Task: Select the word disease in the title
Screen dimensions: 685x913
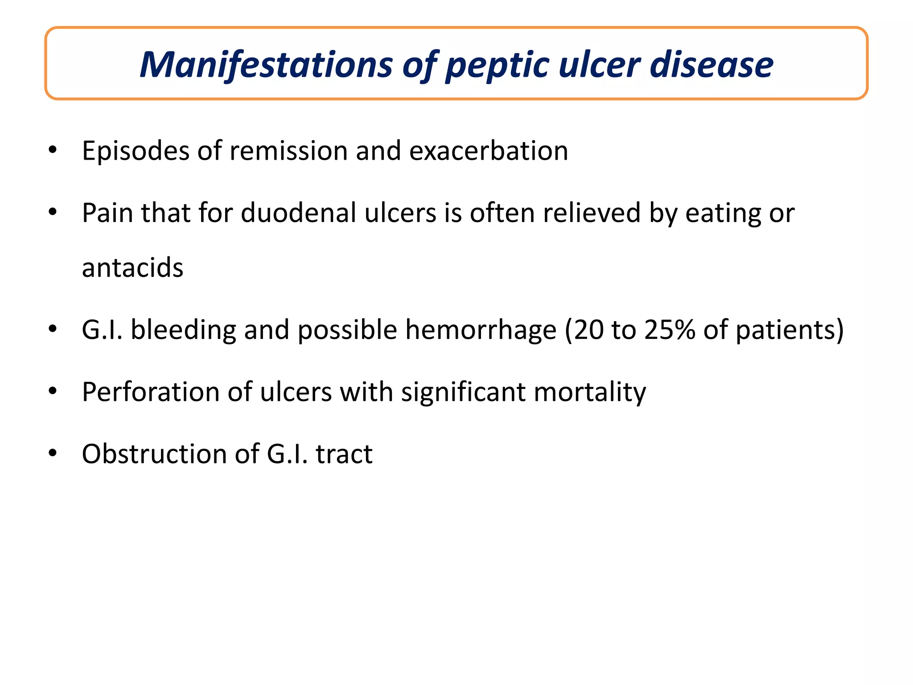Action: click(711, 65)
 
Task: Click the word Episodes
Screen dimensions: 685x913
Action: click(136, 151)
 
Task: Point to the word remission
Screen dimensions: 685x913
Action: click(288, 151)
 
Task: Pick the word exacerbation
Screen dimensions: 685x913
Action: click(489, 151)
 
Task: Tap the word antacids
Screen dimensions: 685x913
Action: click(132, 268)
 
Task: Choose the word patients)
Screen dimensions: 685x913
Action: click(790, 330)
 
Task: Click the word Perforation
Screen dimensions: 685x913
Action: click(151, 392)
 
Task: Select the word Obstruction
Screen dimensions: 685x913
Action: click(155, 454)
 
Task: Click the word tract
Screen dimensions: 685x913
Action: click(344, 454)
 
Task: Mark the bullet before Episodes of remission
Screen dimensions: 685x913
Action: click(53, 150)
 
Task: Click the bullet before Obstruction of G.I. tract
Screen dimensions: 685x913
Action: click(53, 454)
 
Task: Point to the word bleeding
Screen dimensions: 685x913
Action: click(183, 330)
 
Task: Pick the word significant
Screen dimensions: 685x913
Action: click(463, 392)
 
